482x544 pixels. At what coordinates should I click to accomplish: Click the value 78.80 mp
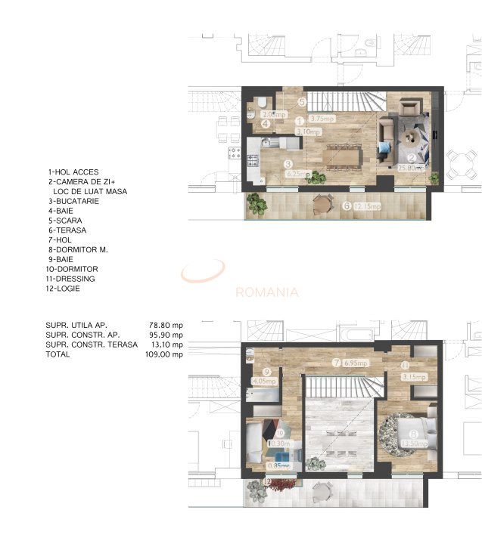[x=166, y=325]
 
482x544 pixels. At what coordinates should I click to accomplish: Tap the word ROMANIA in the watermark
[x=267, y=292]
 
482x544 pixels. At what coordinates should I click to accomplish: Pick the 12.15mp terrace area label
[x=371, y=206]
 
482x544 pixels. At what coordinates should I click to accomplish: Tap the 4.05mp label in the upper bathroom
[x=264, y=382]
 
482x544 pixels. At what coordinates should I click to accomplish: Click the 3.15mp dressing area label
[x=415, y=376]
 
